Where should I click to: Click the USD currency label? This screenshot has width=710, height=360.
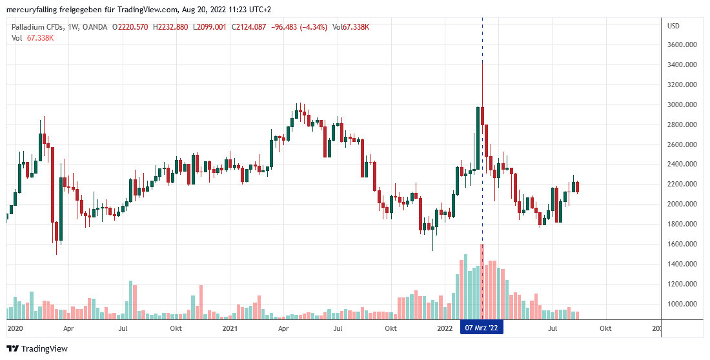pos(674,26)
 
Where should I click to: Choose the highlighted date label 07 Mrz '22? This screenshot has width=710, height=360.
pos(482,328)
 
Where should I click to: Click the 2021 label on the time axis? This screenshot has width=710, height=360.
pos(230,328)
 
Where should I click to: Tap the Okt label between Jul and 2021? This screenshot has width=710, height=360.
pos(175,328)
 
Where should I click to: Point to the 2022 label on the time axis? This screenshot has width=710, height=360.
pos(445,328)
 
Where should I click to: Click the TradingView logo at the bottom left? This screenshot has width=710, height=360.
pos(39,349)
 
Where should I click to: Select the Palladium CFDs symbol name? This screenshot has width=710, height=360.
pos(39,27)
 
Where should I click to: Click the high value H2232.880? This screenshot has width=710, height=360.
pos(171,27)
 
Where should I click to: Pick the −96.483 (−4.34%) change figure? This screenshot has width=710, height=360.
pos(298,27)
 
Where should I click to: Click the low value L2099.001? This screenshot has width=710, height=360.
pos(210,27)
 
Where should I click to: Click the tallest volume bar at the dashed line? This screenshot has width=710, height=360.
pos(482,281)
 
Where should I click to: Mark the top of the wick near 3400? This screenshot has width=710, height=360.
pos(482,61)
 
